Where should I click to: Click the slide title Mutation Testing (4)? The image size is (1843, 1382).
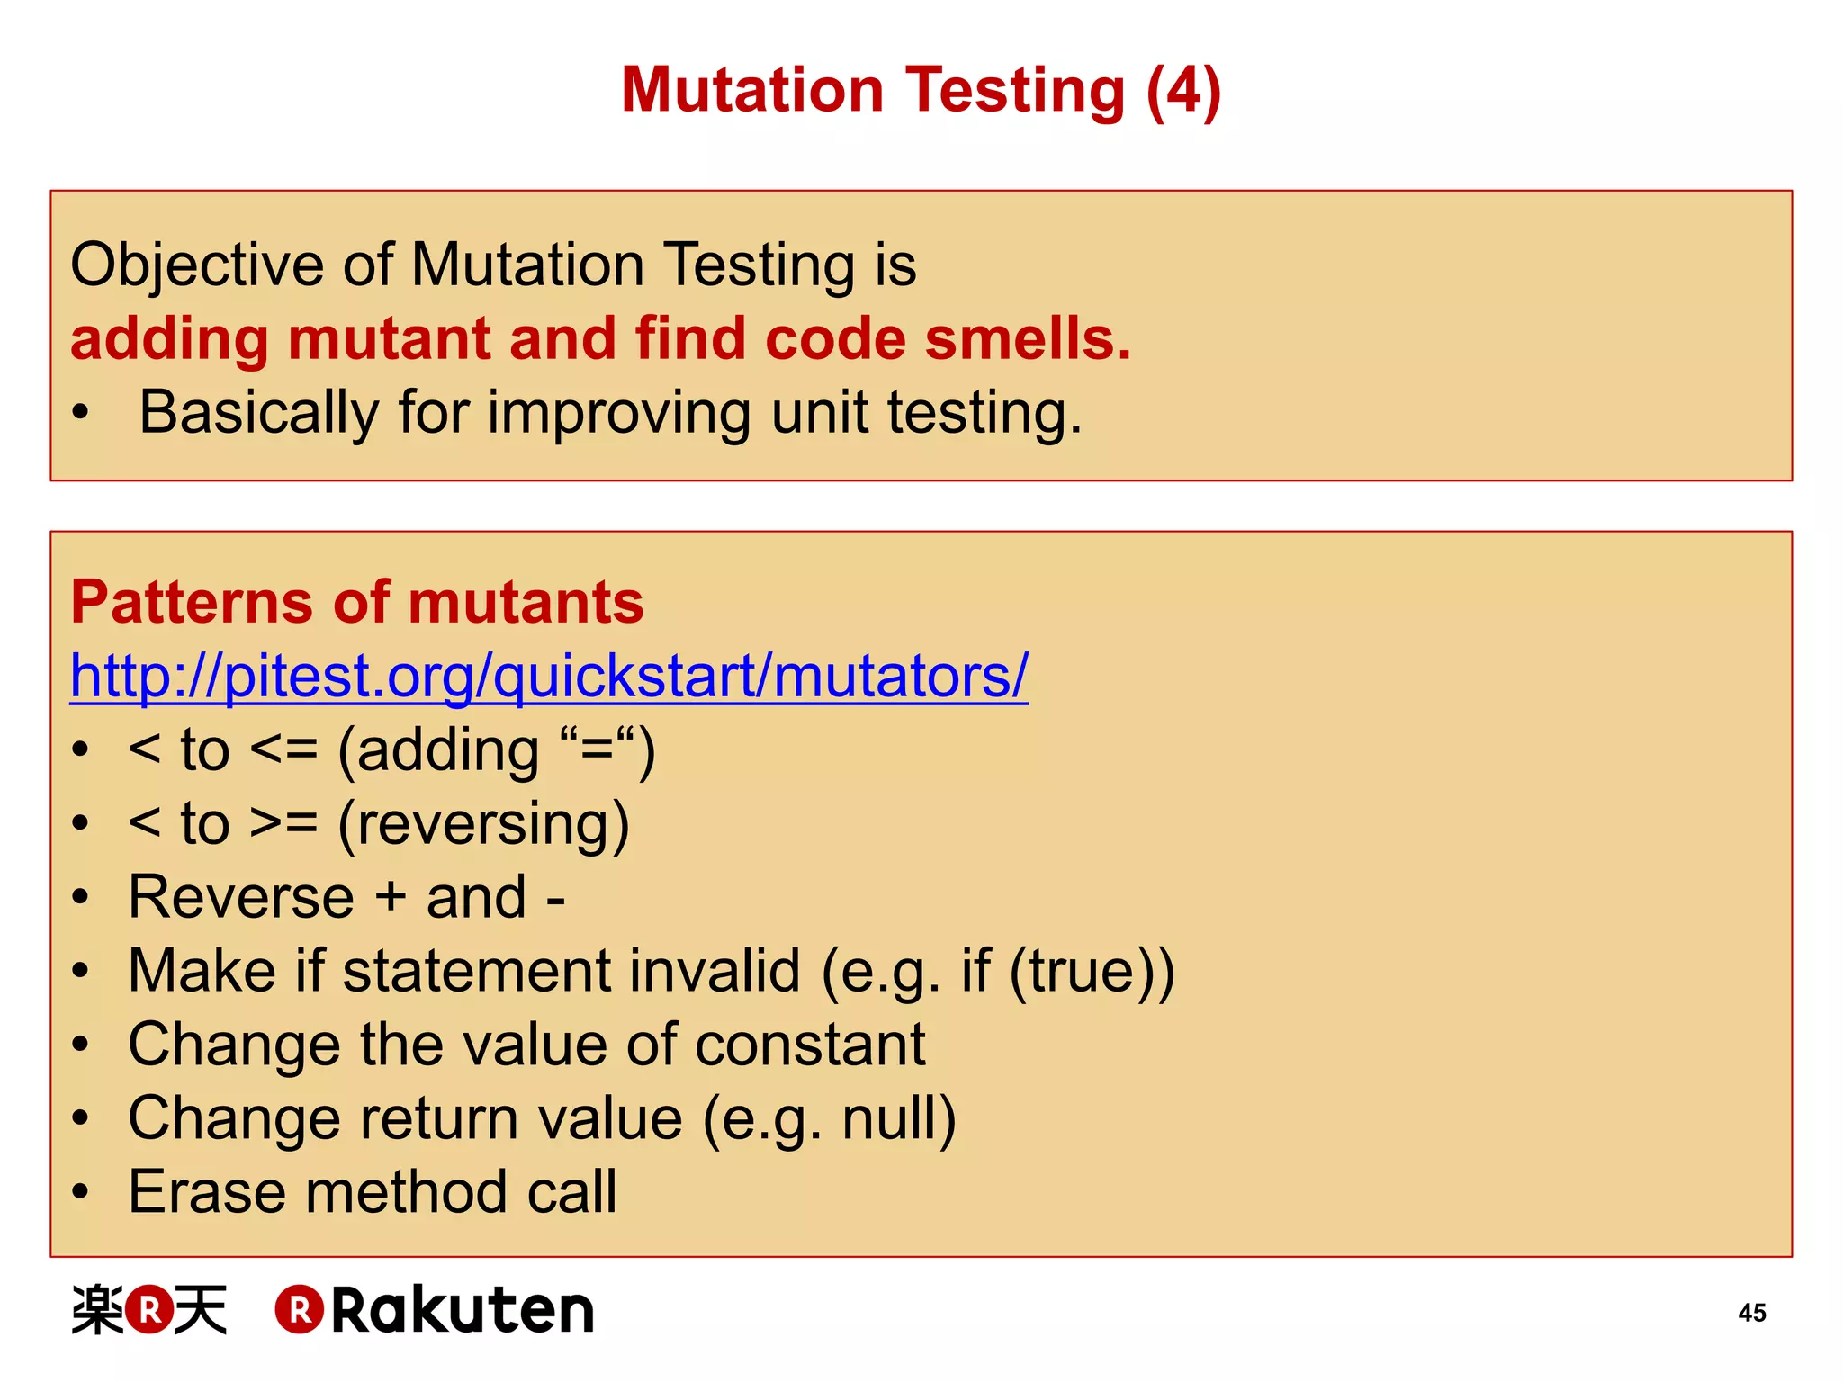click(921, 91)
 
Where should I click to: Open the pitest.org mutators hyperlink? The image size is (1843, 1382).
click(549, 676)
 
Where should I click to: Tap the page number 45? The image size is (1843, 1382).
click(1751, 1313)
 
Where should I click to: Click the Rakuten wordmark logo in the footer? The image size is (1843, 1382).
click(435, 1310)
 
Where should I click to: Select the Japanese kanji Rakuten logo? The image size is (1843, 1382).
click(149, 1310)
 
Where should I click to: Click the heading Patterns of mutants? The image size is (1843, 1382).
click(357, 602)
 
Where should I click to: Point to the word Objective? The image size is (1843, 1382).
click(196, 265)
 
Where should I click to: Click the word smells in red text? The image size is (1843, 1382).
click(1027, 339)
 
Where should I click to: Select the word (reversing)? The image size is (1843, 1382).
click(483, 824)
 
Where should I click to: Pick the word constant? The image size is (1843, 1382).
click(810, 1045)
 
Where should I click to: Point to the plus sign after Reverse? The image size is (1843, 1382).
click(390, 898)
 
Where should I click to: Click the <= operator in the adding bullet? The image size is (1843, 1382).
click(283, 750)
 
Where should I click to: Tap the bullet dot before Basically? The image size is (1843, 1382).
click(81, 414)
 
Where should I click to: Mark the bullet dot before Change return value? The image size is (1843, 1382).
click(81, 1119)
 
